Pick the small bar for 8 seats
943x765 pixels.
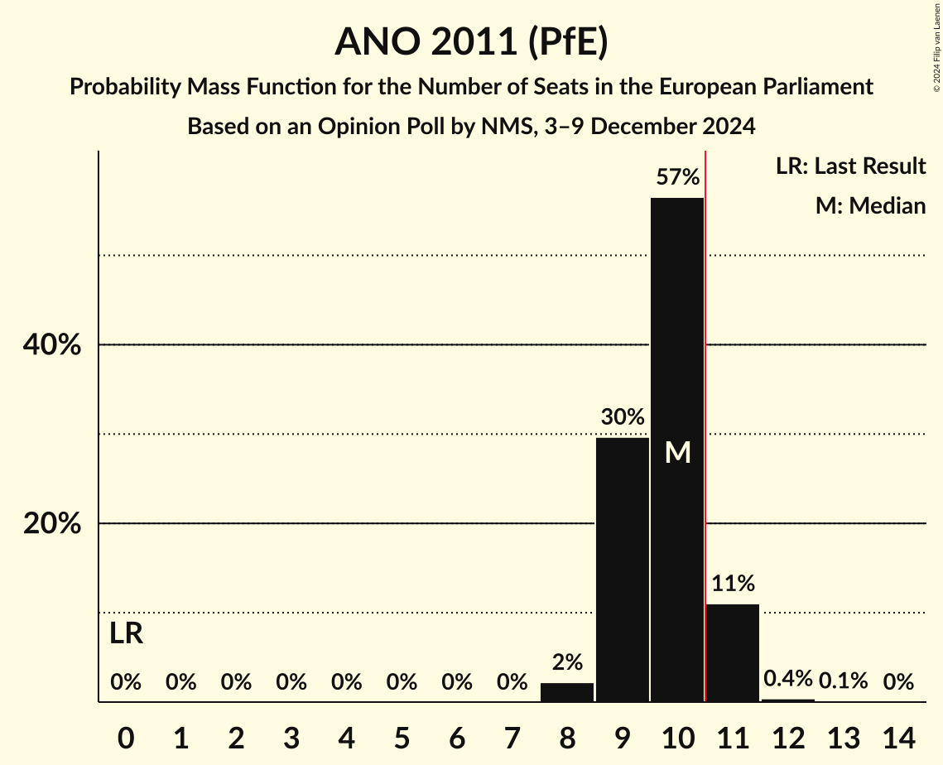[567, 692]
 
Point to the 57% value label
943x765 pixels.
[677, 177]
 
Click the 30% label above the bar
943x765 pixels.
[623, 417]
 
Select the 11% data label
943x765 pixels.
[733, 584]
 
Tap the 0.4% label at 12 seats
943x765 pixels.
[788, 681]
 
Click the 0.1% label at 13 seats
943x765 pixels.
[844, 681]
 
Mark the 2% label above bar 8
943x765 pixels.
[567, 662]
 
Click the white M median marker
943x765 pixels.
[677, 452]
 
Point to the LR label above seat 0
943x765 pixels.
[126, 634]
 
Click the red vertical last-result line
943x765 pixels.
[705, 414]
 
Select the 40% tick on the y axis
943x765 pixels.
[51, 345]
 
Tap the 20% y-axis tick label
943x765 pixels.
[51, 524]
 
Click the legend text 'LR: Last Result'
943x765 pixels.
[850, 166]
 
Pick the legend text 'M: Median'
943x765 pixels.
[870, 205]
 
